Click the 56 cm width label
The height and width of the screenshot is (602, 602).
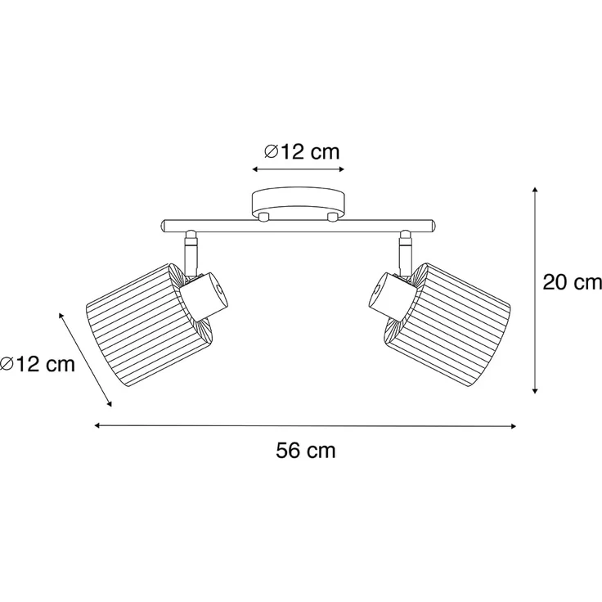click(x=306, y=451)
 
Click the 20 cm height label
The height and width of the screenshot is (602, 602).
click(x=572, y=282)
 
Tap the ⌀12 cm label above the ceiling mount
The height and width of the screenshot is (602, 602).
click(x=302, y=151)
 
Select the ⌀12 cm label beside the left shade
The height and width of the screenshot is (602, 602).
click(x=38, y=363)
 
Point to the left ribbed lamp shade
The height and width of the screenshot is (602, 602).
click(x=148, y=325)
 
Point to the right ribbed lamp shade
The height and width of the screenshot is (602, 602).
click(x=447, y=325)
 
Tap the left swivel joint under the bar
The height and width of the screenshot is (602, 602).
click(x=191, y=252)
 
